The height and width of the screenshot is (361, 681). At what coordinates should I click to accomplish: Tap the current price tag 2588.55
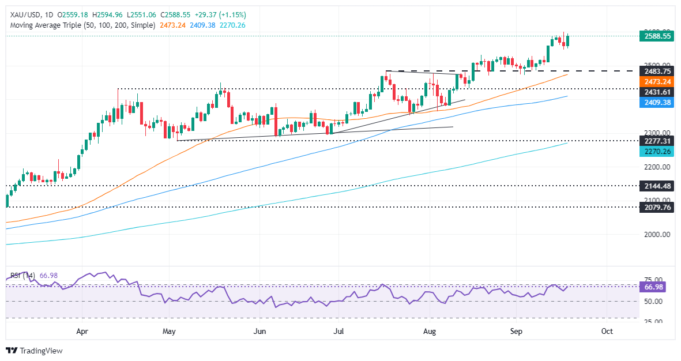tap(657, 36)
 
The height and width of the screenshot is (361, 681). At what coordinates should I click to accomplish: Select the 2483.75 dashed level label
tap(657, 71)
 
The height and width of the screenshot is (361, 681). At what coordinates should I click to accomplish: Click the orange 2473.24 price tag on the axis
tap(657, 82)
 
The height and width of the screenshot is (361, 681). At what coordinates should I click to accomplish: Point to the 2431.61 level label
tap(657, 92)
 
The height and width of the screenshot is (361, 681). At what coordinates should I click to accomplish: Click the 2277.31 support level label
tap(657, 141)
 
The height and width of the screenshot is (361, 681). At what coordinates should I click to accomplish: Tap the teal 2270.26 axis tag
tap(657, 151)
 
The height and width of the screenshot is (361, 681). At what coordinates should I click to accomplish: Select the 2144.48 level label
tap(657, 186)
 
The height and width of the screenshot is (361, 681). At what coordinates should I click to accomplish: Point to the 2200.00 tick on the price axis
tap(657, 167)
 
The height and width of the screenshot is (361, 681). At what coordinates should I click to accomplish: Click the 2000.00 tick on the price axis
tap(657, 235)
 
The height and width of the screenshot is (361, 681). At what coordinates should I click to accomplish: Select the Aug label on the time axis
tap(430, 332)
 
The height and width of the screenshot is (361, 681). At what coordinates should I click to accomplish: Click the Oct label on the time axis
tap(607, 332)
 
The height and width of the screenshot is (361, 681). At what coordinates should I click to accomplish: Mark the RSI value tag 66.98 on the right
tap(654, 287)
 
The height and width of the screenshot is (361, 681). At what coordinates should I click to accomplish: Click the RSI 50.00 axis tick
tap(654, 301)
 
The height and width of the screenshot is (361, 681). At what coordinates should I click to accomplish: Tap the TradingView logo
tap(34, 351)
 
